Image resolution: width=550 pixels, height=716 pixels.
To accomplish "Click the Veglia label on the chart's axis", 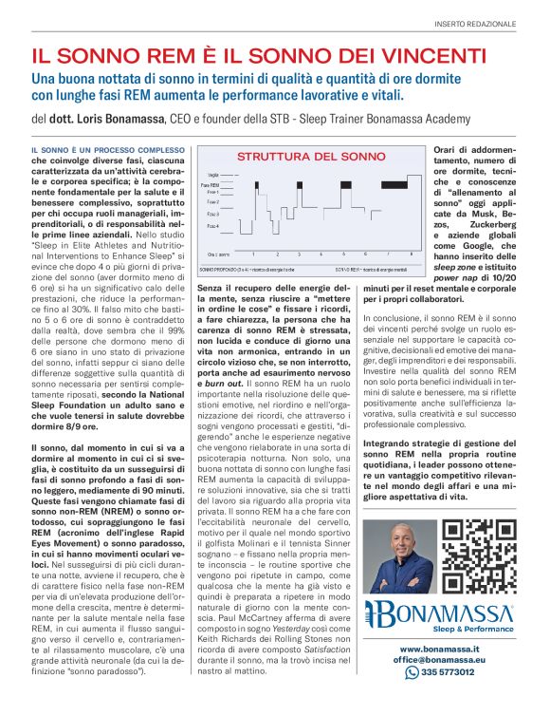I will [x=212, y=175].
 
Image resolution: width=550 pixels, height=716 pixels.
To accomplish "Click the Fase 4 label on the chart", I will [x=212, y=225].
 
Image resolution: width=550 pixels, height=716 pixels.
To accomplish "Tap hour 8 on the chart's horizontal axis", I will [x=411, y=254].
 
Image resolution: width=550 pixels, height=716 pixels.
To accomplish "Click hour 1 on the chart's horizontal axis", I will [x=252, y=254].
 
